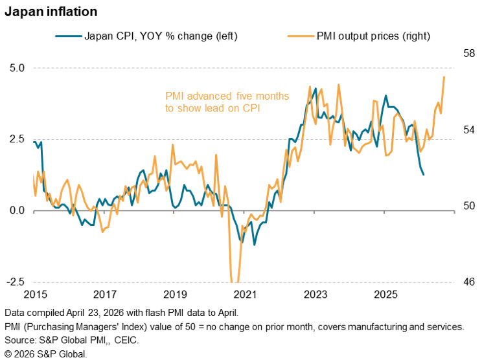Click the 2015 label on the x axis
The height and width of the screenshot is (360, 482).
tap(34, 295)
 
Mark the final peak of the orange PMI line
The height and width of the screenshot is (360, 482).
tap(444, 77)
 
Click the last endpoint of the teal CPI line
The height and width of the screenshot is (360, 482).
tap(424, 174)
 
